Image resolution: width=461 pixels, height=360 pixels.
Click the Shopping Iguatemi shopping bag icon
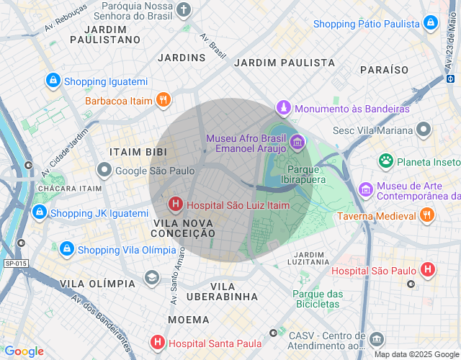point(53,81)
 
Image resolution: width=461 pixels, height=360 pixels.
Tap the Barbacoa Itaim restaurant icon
point(164,100)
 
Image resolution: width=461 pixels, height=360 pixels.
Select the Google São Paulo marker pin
point(104,171)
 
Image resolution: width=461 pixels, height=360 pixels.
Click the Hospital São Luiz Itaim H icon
point(175,205)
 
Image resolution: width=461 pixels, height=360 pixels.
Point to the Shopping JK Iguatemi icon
point(39,212)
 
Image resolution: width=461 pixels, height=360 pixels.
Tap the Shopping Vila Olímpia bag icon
point(66,249)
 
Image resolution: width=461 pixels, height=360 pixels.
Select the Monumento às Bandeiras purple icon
point(284,109)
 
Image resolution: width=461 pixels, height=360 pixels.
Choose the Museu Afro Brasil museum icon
point(297,138)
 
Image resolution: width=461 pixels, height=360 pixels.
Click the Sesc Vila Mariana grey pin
point(424,130)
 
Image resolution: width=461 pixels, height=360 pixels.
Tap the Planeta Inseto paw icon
point(386,160)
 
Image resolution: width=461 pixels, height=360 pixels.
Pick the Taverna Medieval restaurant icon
point(427,215)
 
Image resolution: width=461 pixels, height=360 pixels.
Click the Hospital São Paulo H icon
point(428,271)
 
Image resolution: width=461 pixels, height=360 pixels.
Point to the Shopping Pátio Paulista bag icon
point(431,23)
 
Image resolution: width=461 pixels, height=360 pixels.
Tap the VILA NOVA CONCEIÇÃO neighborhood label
point(184,228)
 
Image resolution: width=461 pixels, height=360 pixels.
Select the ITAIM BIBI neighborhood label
point(138,152)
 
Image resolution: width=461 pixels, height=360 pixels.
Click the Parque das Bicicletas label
point(316,299)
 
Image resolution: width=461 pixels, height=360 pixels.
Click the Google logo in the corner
point(24,351)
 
